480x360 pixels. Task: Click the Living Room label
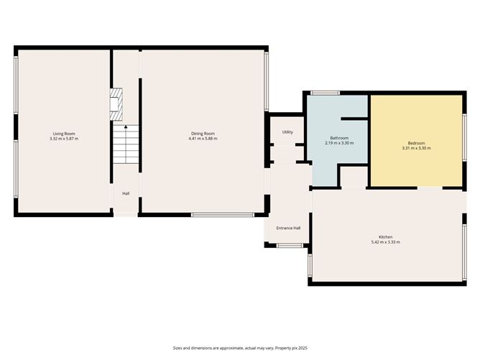point(64,134)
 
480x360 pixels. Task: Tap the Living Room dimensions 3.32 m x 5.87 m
point(64,139)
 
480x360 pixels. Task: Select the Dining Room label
point(203,134)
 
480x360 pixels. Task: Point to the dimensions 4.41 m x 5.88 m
point(203,139)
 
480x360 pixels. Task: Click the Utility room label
point(287,132)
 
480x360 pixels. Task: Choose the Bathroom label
point(339,138)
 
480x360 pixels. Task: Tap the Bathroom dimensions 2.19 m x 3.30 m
point(339,143)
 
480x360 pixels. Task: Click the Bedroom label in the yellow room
point(416,143)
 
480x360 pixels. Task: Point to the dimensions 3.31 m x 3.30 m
point(416,148)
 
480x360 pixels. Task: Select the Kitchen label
point(386,237)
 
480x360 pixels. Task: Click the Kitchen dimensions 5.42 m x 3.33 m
point(386,242)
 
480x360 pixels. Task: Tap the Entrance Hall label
point(288,229)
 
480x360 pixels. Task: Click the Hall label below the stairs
point(126,193)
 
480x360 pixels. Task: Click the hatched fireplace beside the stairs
point(116,105)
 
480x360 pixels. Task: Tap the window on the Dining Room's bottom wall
point(222,214)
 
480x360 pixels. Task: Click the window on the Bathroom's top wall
point(325,92)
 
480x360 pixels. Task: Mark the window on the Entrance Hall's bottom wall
point(289,246)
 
